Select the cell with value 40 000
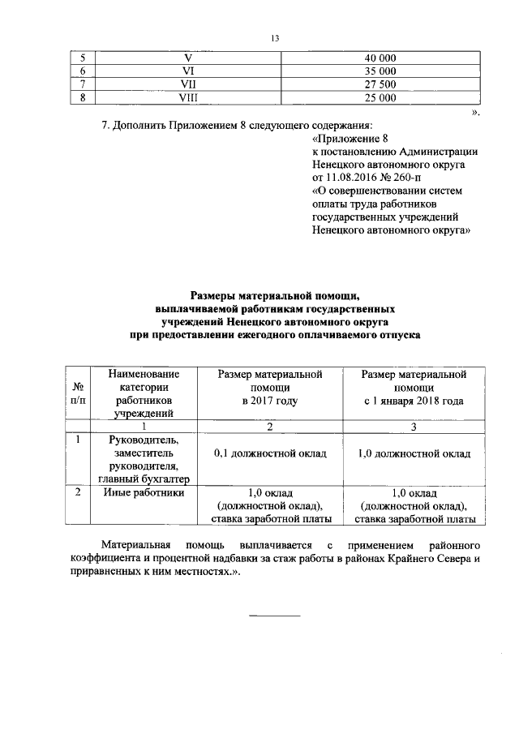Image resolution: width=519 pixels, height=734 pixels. tap(380, 58)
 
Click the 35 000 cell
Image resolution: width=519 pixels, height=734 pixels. tap(380, 71)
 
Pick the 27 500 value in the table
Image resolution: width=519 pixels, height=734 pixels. tap(380, 84)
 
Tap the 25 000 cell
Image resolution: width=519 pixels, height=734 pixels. tap(380, 98)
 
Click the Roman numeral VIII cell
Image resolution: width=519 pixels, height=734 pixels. tap(188, 98)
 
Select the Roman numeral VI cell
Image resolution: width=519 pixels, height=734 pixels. tap(188, 71)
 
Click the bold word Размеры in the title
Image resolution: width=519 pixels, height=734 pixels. tap(217, 297)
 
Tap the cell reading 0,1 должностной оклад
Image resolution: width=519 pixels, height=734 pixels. tap(270, 453)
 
